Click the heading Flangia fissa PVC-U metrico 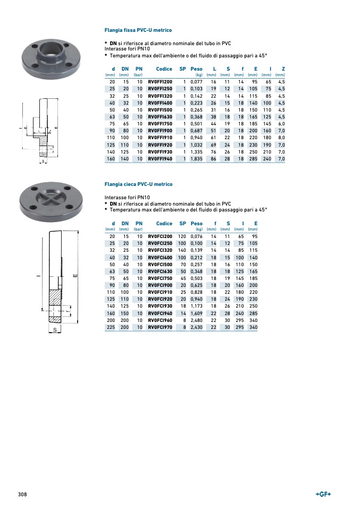click(138, 30)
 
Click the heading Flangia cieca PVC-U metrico click(138, 184)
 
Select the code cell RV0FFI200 click(160, 82)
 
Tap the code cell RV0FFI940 click(160, 158)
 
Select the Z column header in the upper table click(283, 69)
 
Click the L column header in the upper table click(214, 69)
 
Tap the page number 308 click(22, 494)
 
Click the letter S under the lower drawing click(54, 330)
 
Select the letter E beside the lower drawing click(75, 276)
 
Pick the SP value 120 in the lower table click(182, 236)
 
